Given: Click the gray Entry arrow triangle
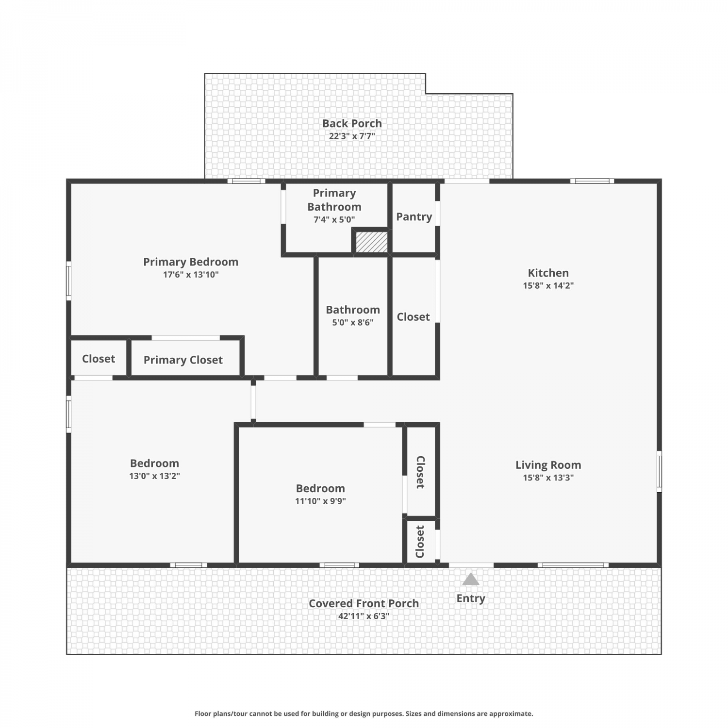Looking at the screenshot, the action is (470, 579).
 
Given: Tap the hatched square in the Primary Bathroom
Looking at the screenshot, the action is (372, 242).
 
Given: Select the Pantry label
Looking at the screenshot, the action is (414, 217).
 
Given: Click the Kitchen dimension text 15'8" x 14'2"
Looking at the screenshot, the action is (548, 285).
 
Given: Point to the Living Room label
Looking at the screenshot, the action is (548, 465).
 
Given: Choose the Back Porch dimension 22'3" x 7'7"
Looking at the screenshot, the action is (352, 136).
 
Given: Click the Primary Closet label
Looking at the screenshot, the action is (183, 360).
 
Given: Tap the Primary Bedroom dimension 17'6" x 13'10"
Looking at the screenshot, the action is (191, 275).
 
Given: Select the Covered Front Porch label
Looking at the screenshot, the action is (364, 603).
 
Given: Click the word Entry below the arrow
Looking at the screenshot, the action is (471, 598).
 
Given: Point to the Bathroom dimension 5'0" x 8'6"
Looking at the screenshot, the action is (353, 322).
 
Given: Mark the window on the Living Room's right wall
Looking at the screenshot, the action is (659, 471).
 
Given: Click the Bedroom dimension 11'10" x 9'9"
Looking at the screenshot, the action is (320, 501).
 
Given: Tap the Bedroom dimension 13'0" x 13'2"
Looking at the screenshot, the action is (154, 476).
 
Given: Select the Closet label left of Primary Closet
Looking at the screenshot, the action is (99, 359).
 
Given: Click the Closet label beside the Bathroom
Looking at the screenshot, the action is (413, 317).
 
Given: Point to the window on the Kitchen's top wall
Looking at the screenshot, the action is (592, 181).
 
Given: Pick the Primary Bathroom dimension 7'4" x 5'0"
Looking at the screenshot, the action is (334, 219).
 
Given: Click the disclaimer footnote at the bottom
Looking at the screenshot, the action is (364, 713).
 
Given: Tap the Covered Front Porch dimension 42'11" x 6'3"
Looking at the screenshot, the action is (364, 616).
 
